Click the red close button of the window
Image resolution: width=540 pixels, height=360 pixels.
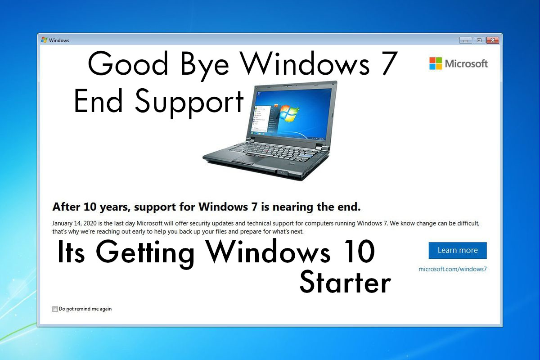click(492, 40)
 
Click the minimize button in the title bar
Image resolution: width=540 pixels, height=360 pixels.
click(466, 40)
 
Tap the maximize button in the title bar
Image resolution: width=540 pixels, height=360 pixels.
click(479, 40)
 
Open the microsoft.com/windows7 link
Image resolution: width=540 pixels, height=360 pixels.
click(453, 269)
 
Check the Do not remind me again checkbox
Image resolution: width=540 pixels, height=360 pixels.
click(55, 309)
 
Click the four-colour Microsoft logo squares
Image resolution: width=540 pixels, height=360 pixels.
click(436, 63)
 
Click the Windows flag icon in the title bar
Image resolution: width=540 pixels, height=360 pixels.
click(44, 40)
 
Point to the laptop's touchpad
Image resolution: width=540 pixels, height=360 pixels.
click(244, 159)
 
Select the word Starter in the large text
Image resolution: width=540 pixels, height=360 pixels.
click(345, 282)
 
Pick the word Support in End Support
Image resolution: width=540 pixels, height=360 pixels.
click(189, 103)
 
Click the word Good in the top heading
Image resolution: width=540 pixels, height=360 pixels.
click(128, 63)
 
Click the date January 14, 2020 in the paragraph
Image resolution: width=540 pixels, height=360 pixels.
click(75, 224)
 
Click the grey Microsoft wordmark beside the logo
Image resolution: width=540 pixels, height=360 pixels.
click(466, 63)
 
